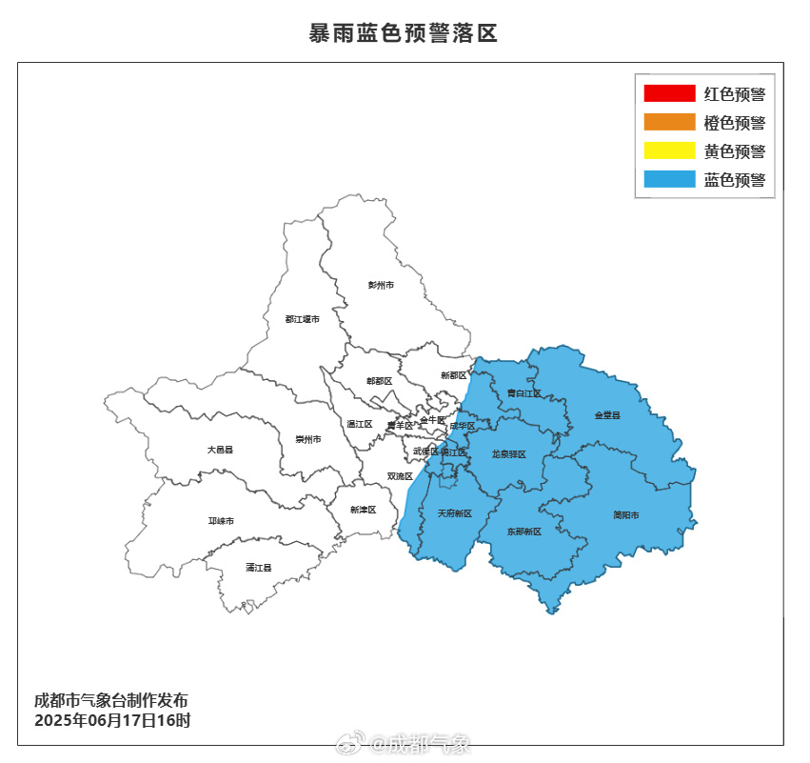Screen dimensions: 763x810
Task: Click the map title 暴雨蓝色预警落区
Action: pos(404,33)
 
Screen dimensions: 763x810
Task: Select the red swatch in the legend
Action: pos(669,93)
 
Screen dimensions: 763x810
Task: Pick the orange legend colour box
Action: pos(669,122)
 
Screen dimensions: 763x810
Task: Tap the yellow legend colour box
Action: pos(669,151)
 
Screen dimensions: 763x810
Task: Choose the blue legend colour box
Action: pos(669,179)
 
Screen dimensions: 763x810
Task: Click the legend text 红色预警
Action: pos(734,93)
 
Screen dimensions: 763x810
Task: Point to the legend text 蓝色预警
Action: pos(734,179)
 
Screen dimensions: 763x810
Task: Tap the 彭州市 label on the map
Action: pos(381,285)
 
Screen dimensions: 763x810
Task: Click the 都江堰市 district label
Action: pos(302,318)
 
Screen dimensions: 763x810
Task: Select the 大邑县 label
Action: pos(220,449)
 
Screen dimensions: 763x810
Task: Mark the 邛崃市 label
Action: pos(221,520)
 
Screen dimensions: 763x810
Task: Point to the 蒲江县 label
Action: pos(258,567)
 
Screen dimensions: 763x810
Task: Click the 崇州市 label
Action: pos(307,439)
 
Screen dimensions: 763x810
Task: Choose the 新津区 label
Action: pos(363,510)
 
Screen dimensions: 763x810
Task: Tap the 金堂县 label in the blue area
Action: pos(607,415)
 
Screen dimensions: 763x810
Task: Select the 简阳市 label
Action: pos(626,515)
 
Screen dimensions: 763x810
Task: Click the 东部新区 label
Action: pos(524,531)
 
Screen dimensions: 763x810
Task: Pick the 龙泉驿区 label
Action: pos(508,454)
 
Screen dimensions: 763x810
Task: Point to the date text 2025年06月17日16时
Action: pos(112,720)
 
